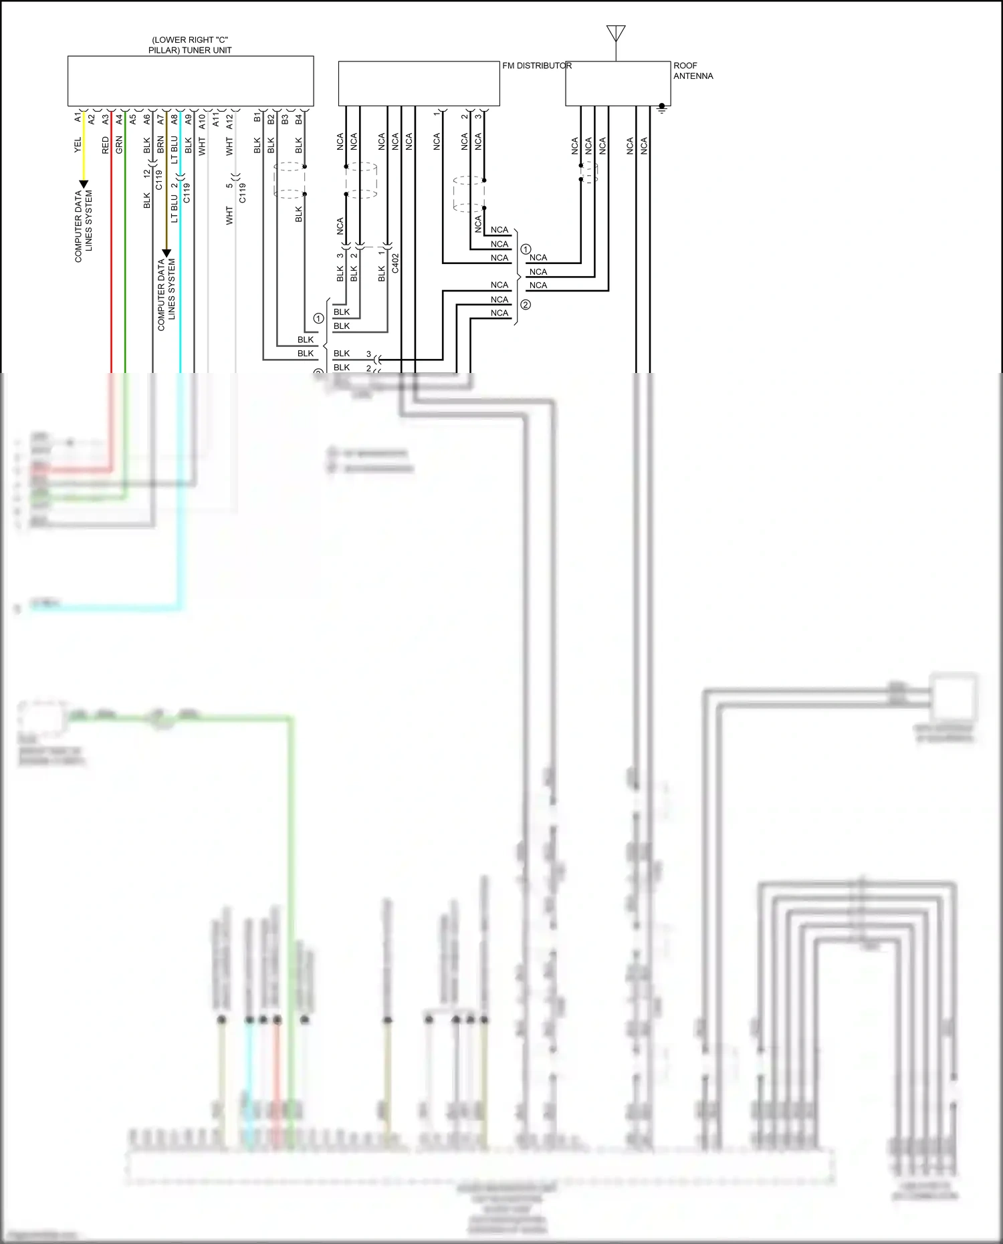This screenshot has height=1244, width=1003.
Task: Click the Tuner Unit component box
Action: [x=191, y=81]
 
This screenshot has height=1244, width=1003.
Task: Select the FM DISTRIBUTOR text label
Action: [x=537, y=66]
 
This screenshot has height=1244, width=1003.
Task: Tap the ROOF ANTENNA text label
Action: [x=693, y=71]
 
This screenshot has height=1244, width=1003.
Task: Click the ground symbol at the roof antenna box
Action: [x=662, y=108]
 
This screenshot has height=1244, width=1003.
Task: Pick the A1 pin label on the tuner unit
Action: [x=78, y=118]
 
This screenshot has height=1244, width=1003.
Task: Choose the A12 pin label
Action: [x=229, y=121]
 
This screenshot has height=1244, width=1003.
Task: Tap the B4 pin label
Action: [x=298, y=119]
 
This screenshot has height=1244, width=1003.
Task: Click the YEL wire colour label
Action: [x=78, y=145]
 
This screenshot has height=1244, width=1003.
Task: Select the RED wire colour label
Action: [x=105, y=145]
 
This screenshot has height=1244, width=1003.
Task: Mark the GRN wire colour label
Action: [x=119, y=145]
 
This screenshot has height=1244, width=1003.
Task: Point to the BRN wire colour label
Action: [x=160, y=144]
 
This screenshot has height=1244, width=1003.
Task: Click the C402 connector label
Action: [x=395, y=263]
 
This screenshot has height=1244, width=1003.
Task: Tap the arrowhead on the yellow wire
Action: [x=84, y=184]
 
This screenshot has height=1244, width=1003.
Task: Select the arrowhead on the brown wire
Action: [x=166, y=253]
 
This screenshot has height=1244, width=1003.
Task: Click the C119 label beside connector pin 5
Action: [x=242, y=193]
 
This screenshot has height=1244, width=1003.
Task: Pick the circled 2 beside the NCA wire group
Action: [x=526, y=305]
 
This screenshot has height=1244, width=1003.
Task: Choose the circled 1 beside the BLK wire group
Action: [x=319, y=319]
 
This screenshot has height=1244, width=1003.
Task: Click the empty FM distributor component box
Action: [x=419, y=84]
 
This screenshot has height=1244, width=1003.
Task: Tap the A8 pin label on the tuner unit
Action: [x=175, y=119]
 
